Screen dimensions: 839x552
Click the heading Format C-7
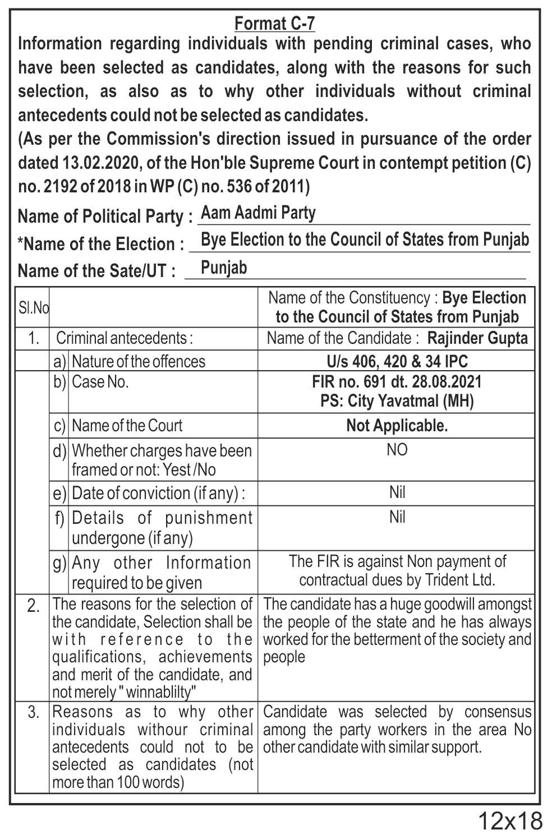tap(274, 24)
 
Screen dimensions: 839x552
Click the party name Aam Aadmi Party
tap(258, 213)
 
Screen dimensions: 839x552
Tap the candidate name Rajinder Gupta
tap(477, 338)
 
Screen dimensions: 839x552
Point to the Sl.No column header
tap(33, 307)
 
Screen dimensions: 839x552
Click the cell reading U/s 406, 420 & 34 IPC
tap(397, 361)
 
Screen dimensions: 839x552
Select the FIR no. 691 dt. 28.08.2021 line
tap(397, 382)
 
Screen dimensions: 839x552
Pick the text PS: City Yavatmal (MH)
tap(397, 401)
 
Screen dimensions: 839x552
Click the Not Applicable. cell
tap(397, 426)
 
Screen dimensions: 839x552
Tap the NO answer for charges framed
tap(397, 450)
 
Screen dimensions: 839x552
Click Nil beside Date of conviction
tap(397, 492)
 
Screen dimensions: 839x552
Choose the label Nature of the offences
tap(139, 361)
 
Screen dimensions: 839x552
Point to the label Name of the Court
tap(127, 426)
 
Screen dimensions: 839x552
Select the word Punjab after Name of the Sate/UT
tap(223, 268)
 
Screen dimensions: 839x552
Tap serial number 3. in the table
tap(33, 713)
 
